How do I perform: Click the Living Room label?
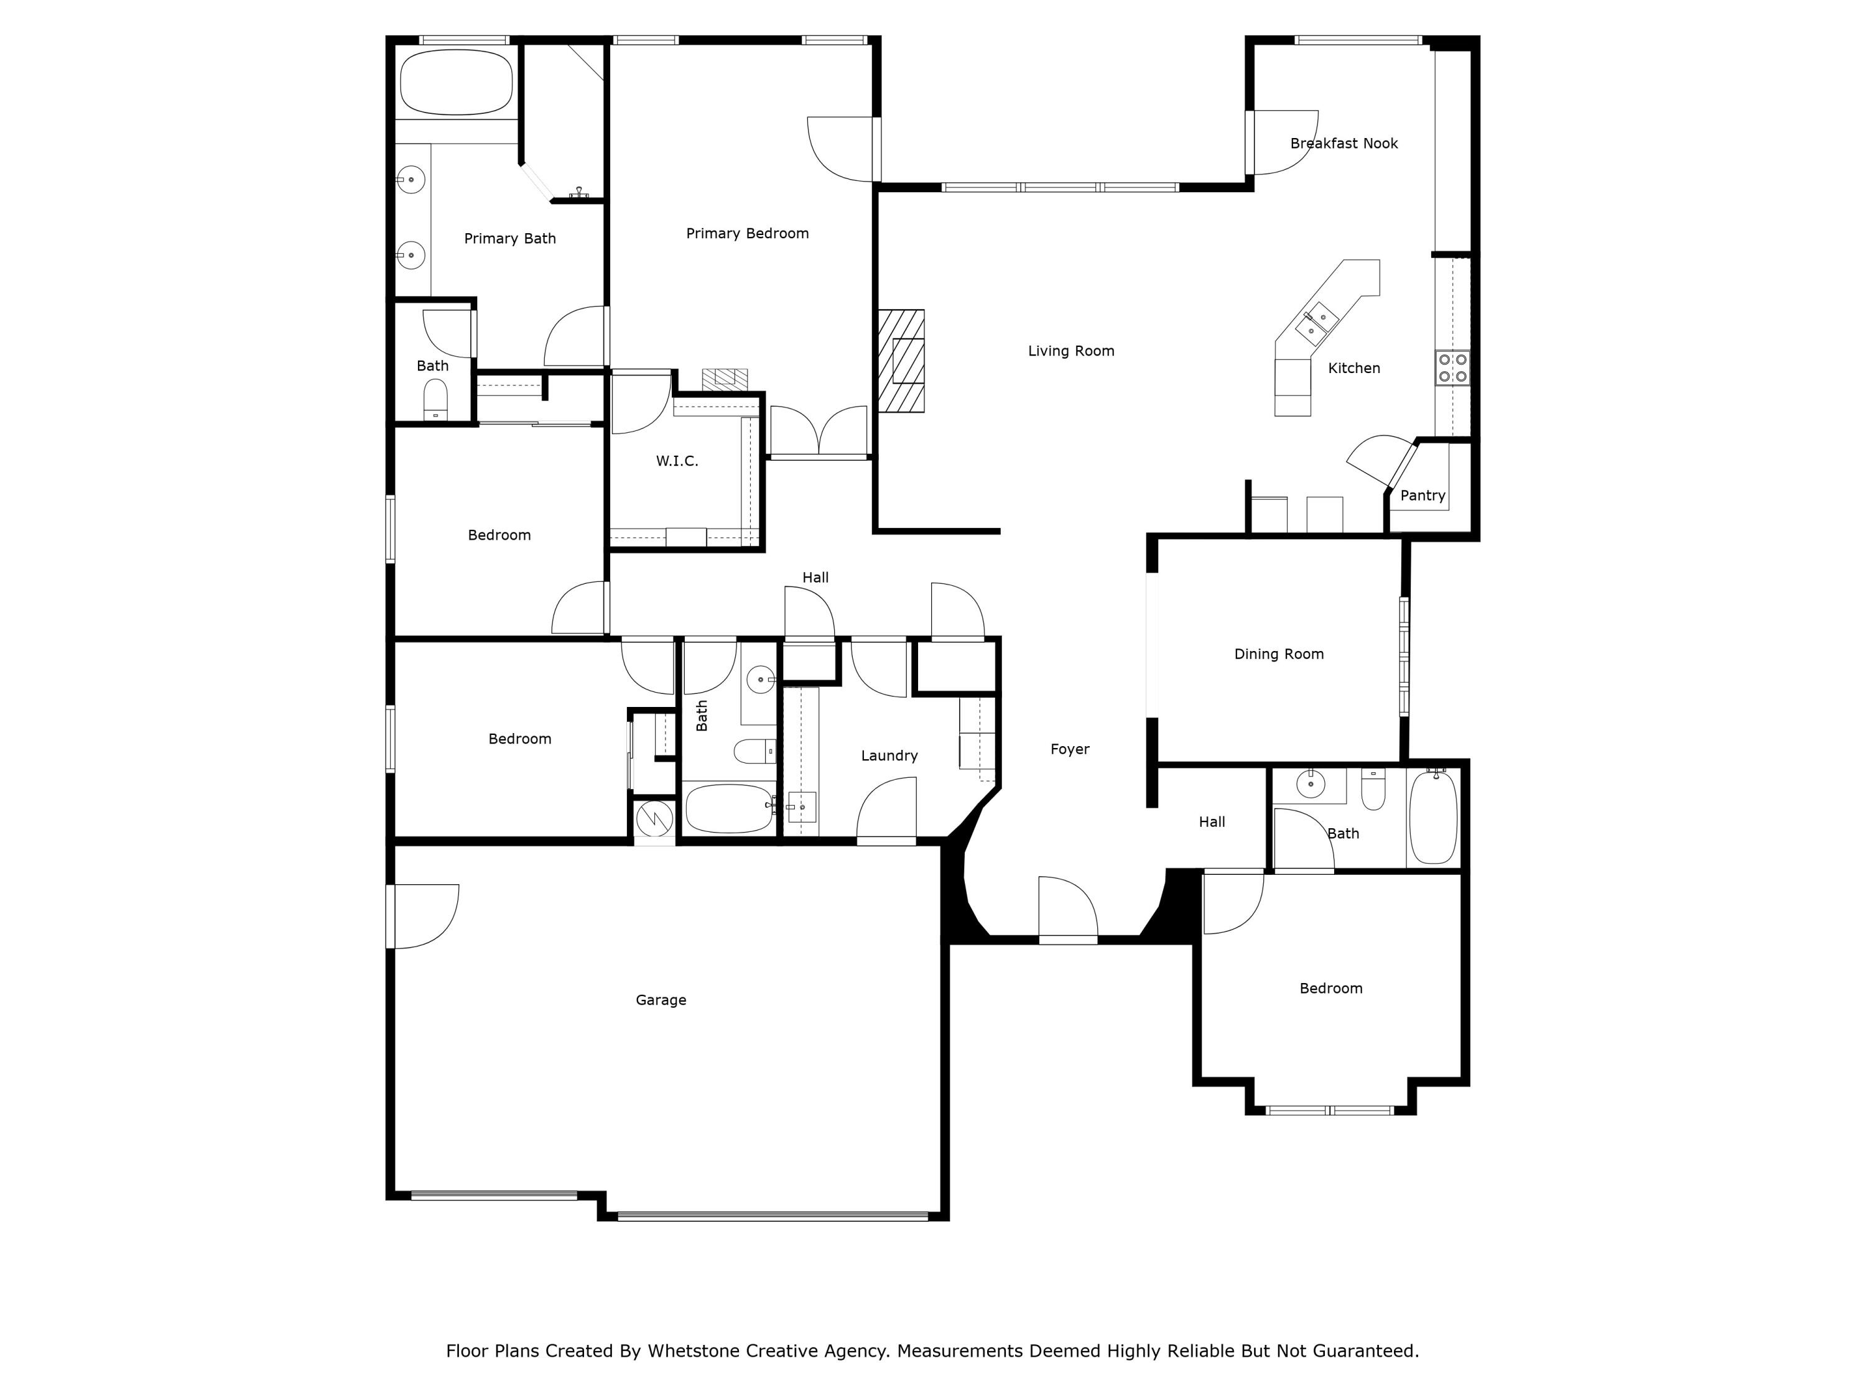(1070, 351)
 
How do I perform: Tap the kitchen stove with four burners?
(1452, 367)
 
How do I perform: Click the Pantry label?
(1423, 496)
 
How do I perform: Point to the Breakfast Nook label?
(1344, 144)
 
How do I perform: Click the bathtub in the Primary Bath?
(455, 83)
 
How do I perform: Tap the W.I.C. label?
(677, 461)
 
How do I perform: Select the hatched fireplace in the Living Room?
(901, 361)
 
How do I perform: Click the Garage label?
(661, 1000)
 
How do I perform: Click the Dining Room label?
(1278, 654)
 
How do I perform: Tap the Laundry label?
(889, 755)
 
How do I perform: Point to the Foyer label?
(1070, 749)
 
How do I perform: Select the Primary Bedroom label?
(746, 234)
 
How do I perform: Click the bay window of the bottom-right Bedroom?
(1330, 1110)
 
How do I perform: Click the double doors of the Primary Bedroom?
(819, 432)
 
